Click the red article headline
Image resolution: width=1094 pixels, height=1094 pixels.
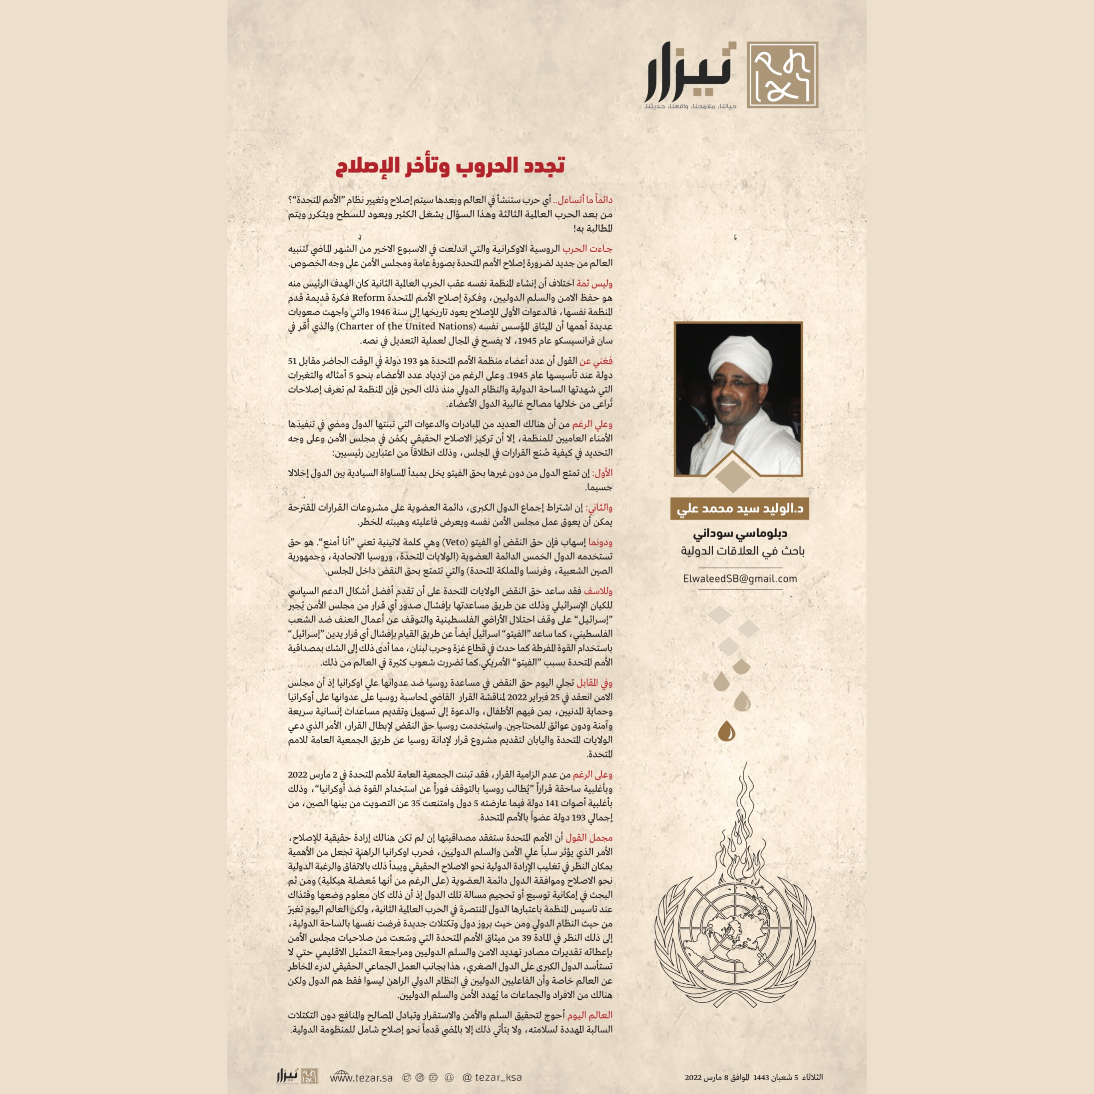pyautogui.click(x=450, y=166)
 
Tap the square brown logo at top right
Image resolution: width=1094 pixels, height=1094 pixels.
pyautogui.click(x=782, y=75)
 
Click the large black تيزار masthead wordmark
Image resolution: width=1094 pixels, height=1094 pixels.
pyautogui.click(x=690, y=73)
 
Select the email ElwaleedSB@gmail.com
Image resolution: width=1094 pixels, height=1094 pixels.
pyautogui.click(x=740, y=579)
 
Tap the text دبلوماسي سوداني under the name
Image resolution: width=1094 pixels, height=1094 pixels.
pyautogui.click(x=740, y=533)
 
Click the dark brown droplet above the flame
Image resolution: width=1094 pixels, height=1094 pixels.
pyautogui.click(x=726, y=732)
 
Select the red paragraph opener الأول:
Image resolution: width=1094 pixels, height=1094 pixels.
pyautogui.click(x=602, y=473)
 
